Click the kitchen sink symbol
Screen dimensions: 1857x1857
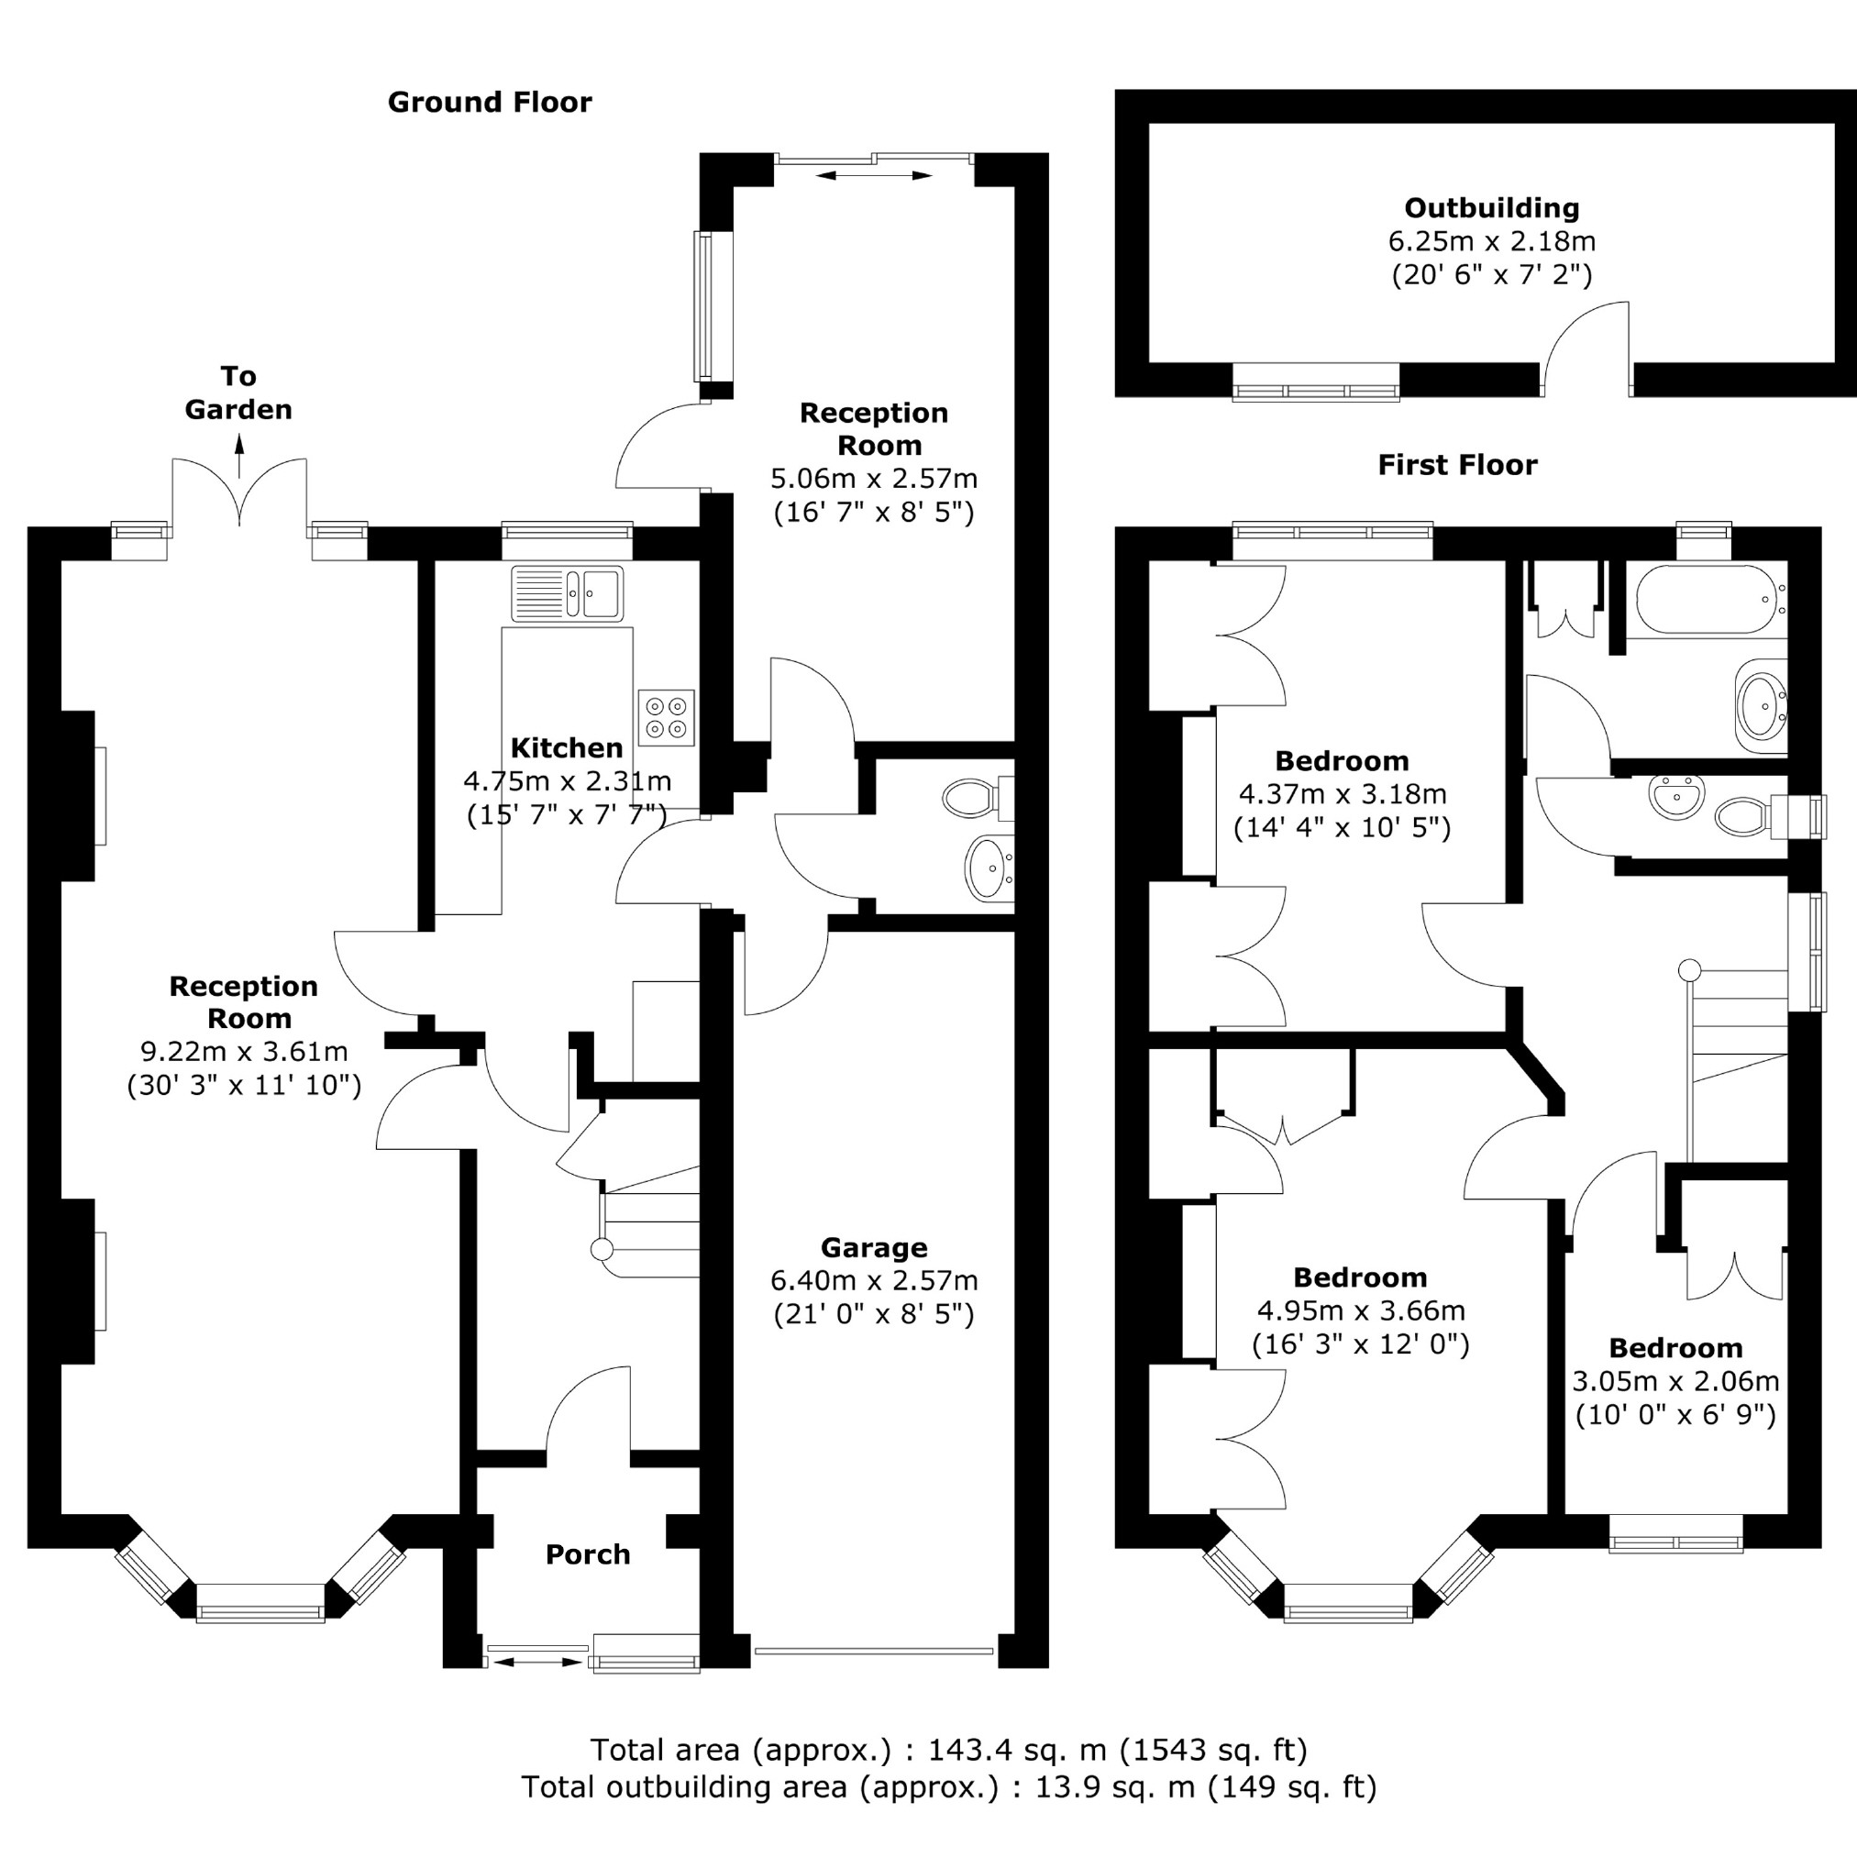pos(567,593)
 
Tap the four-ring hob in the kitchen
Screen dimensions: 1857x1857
pos(666,717)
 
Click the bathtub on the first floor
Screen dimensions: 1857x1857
pos(1707,598)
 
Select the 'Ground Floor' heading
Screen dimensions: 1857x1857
pos(490,102)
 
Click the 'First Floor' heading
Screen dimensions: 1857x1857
pos(1457,465)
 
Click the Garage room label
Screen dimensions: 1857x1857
pos(874,1247)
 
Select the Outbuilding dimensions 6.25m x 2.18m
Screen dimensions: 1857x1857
pos(1491,241)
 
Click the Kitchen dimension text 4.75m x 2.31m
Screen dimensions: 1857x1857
pos(567,780)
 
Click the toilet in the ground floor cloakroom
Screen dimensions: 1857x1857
pos(974,798)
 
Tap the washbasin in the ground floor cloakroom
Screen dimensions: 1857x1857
pos(988,868)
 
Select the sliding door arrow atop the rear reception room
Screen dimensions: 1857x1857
pos(874,175)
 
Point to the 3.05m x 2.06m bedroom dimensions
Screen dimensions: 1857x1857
pos(1675,1381)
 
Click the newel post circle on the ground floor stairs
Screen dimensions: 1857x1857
pos(602,1250)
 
